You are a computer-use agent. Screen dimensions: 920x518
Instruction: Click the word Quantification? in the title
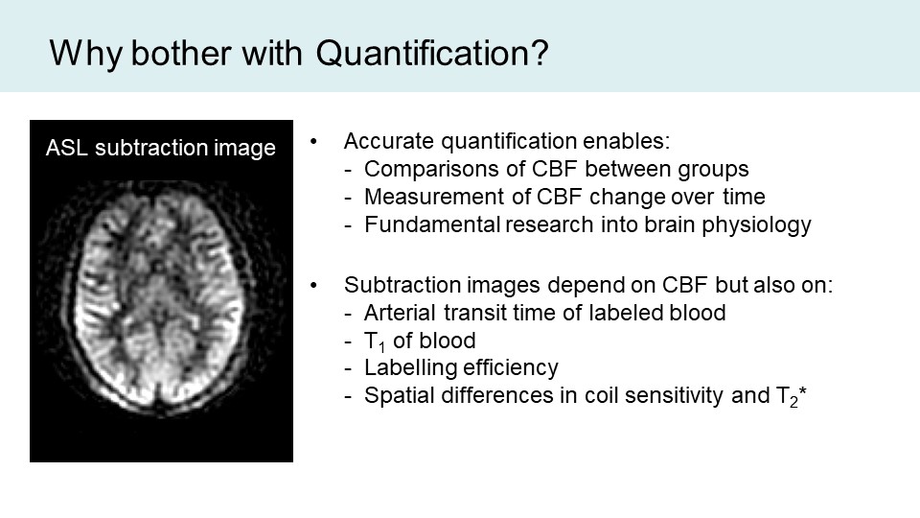(432, 54)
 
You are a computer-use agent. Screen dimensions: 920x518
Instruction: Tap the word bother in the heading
(181, 53)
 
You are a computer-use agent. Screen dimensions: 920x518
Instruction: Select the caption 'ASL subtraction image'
(161, 148)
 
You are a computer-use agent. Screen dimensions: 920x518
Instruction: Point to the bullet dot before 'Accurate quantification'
(314, 142)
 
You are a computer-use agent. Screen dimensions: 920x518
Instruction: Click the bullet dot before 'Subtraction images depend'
(314, 286)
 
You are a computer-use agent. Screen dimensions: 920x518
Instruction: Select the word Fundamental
(432, 224)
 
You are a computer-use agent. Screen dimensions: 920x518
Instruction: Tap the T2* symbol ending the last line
(792, 396)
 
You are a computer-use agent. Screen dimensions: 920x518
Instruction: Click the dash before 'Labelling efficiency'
(349, 368)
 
